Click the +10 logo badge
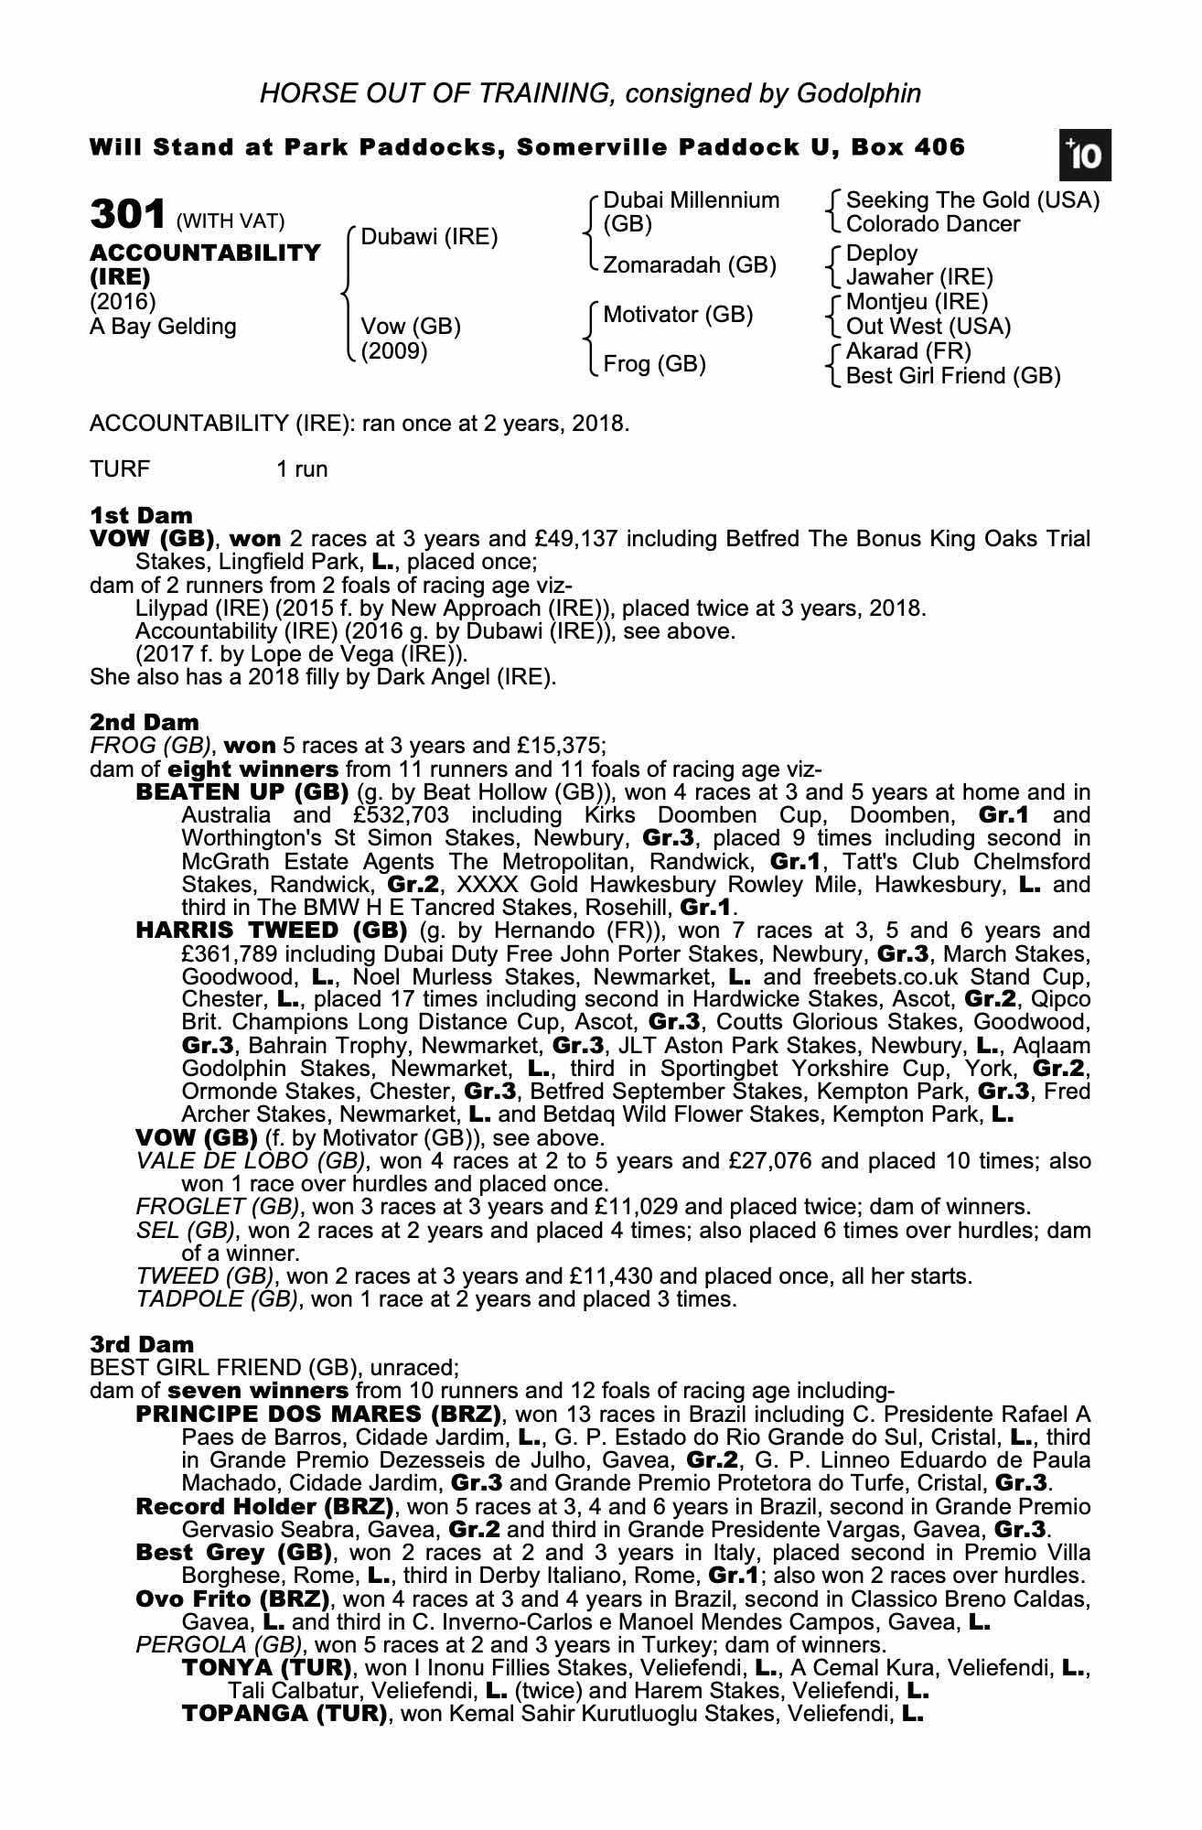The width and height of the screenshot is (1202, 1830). tap(1085, 156)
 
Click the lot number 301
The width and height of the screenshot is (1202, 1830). tap(127, 215)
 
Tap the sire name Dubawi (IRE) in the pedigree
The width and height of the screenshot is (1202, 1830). tap(429, 238)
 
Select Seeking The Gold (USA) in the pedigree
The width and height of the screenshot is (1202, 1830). tap(972, 200)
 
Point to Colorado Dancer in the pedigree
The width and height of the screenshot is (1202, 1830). tap(932, 224)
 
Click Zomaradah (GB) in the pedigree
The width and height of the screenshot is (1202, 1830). tap(689, 265)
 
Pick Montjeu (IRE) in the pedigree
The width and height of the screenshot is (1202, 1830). tap(917, 302)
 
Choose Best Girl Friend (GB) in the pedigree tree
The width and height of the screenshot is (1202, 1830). tap(953, 375)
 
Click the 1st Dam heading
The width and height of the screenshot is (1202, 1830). tap(141, 515)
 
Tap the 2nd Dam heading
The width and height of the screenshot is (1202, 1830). tap(144, 723)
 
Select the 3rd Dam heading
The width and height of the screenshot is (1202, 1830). tap(142, 1344)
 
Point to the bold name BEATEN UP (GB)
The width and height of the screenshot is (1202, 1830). tap(241, 791)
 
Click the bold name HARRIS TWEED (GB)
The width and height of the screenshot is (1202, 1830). tap(271, 931)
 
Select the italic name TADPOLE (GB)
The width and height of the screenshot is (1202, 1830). tap(216, 1299)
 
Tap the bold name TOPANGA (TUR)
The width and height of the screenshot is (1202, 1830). tap(284, 1713)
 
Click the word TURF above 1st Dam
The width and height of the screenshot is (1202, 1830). tap(120, 469)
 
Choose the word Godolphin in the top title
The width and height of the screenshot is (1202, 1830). tap(859, 92)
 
